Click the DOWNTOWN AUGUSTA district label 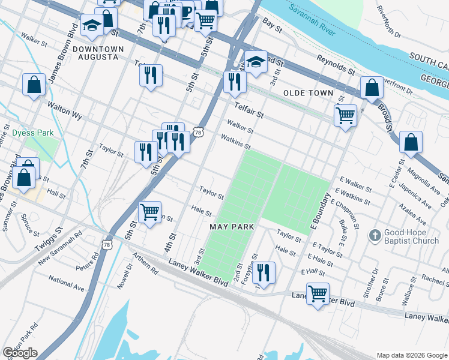click(100, 52)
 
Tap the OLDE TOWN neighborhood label click(309, 93)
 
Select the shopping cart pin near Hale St click(149, 212)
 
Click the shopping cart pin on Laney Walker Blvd click(318, 293)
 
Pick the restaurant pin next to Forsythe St click(263, 272)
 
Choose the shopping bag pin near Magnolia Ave click(411, 143)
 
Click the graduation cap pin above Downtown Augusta click(92, 25)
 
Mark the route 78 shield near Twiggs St click(107, 244)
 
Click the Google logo click(20, 353)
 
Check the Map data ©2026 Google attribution click(411, 355)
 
